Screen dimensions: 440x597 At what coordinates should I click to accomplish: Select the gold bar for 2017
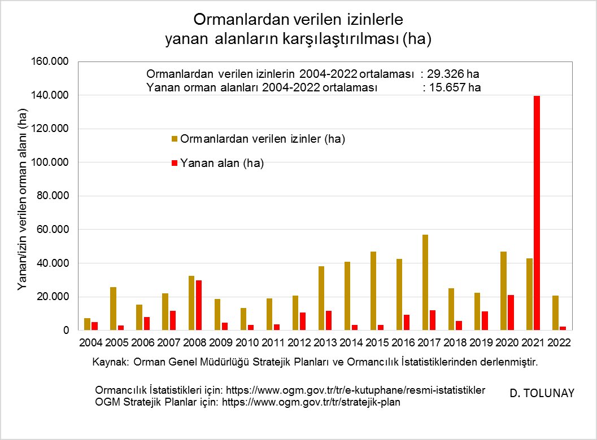(x=425, y=283)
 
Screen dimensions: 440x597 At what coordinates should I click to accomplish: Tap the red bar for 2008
(x=198, y=305)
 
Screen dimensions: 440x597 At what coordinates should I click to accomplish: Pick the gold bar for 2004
(x=87, y=324)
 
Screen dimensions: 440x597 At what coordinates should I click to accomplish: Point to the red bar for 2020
(x=510, y=313)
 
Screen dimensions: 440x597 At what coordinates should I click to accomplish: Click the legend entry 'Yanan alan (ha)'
(x=222, y=164)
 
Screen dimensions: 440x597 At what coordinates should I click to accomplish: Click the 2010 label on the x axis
(x=247, y=342)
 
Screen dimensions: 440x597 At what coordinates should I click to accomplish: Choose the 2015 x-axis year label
(x=377, y=342)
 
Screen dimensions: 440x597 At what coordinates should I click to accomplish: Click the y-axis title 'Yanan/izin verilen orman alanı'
(x=23, y=200)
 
